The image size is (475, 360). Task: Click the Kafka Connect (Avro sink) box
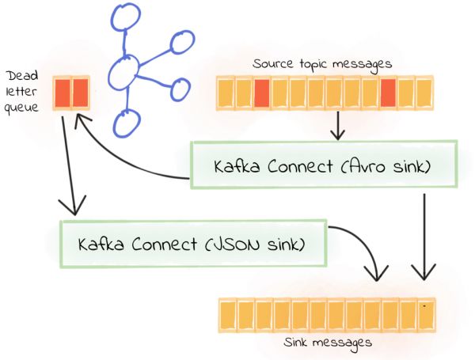pyautogui.click(x=324, y=165)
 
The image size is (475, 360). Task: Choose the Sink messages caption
pyautogui.click(x=328, y=343)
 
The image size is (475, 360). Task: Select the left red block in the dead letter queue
pyautogui.click(x=62, y=93)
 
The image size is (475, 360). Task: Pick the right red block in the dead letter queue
pyautogui.click(x=79, y=93)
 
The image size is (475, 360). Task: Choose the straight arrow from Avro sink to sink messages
pyautogui.click(x=425, y=237)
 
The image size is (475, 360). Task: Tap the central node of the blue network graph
pyautogui.click(x=124, y=74)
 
